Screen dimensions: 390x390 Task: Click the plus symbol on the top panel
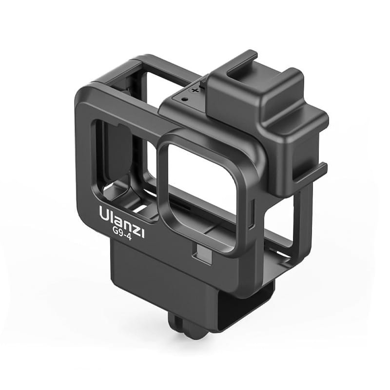point(195,90)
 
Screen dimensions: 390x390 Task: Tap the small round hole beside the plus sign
point(184,99)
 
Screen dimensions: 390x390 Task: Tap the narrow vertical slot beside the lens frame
point(252,214)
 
